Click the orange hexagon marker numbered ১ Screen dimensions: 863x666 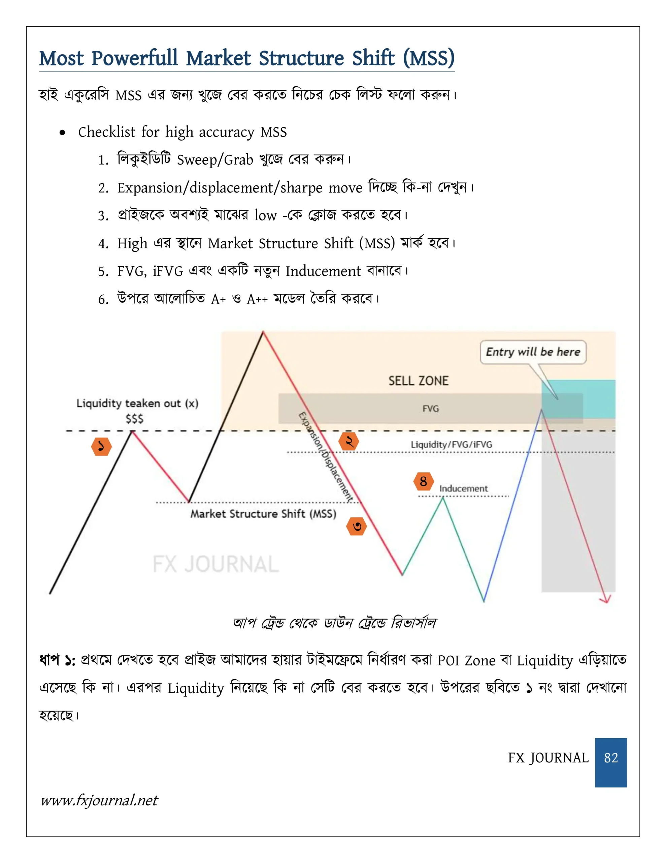(101, 447)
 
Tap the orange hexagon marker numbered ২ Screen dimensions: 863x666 (348, 441)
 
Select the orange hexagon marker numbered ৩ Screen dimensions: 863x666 (357, 526)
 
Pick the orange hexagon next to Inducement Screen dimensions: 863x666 (423, 481)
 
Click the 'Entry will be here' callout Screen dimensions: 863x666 (533, 352)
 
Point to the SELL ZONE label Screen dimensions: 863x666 (419, 381)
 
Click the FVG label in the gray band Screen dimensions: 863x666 (430, 409)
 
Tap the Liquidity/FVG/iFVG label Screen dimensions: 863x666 (451, 445)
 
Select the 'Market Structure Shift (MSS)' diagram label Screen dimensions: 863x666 (263, 514)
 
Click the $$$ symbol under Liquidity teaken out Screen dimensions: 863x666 (134, 419)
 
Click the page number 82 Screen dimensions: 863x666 (610, 757)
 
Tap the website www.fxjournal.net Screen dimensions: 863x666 (99, 801)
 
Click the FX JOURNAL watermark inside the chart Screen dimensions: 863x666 (215, 564)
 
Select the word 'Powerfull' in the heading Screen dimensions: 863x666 (135, 58)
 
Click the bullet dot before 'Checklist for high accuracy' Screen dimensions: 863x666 (62, 133)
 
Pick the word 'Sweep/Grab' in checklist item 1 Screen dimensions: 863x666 (215, 160)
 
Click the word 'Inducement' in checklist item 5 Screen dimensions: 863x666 (323, 271)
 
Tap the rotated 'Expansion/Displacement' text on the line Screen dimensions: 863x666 (326, 456)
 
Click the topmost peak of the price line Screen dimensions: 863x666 (263, 332)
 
